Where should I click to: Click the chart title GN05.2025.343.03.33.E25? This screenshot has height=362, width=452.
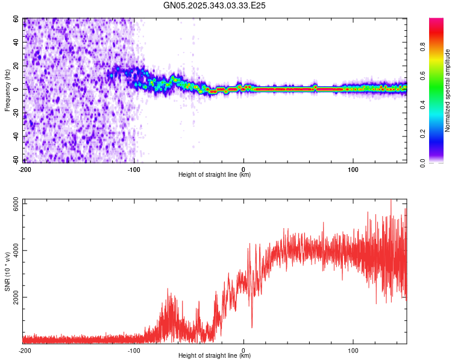pyautogui.click(x=215, y=5)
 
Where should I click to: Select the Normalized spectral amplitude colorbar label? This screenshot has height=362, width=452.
pyautogui.click(x=448, y=91)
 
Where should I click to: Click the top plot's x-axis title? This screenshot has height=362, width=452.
pyautogui.click(x=215, y=175)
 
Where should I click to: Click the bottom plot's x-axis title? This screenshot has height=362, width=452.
pyautogui.click(x=215, y=356)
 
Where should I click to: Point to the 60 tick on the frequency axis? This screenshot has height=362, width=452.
pyautogui.click(x=16, y=19)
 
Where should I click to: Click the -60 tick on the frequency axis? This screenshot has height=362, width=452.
pyautogui.click(x=15, y=160)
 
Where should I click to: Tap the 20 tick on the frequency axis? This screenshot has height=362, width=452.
pyautogui.click(x=16, y=66)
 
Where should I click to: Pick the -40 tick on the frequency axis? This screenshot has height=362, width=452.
pyautogui.click(x=15, y=136)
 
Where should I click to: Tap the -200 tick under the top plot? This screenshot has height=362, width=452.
pyautogui.click(x=25, y=169)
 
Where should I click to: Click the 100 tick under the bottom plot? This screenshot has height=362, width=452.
pyautogui.click(x=353, y=350)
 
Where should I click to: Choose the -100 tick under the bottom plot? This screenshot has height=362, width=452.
pyautogui.click(x=134, y=350)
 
